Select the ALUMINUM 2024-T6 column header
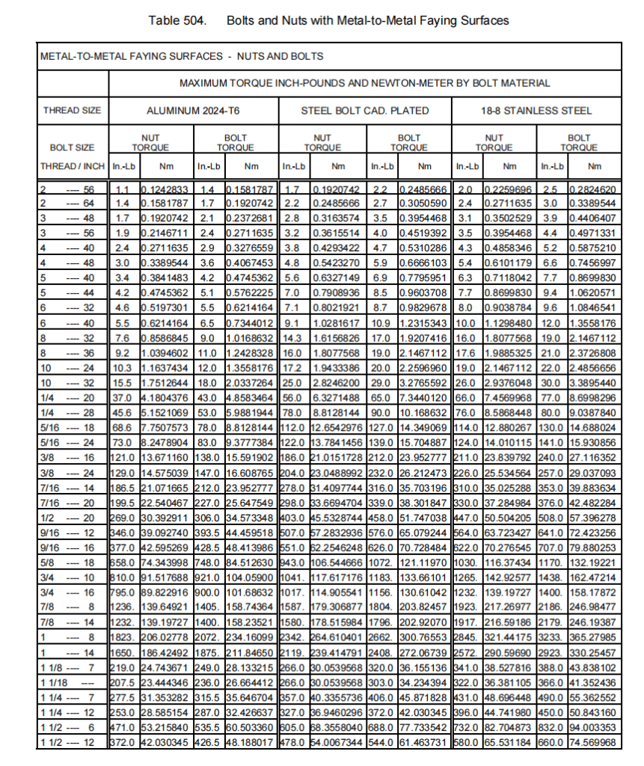click(194, 111)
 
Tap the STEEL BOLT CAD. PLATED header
click(365, 111)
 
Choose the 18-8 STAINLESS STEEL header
click(536, 111)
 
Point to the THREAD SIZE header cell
click(72, 111)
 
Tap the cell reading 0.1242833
click(167, 189)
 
